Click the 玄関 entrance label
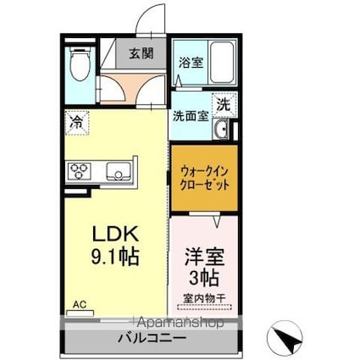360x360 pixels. [141, 54]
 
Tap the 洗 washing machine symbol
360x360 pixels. [222, 104]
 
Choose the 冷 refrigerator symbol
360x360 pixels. [75, 121]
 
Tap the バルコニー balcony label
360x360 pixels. [151, 339]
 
